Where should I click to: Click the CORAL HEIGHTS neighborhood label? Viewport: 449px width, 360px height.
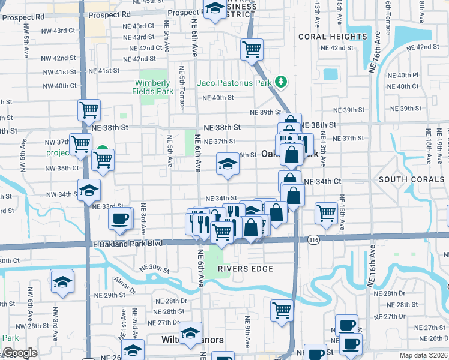[333, 37]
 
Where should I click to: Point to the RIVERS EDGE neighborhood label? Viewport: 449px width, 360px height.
[246, 269]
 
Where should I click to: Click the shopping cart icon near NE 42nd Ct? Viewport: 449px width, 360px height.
[252, 49]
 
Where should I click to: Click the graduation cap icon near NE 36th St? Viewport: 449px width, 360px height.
[227, 163]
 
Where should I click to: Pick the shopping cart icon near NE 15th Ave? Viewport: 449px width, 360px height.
[325, 212]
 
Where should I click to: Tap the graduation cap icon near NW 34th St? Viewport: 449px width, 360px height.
[89, 190]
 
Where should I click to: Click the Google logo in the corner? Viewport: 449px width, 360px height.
[20, 353]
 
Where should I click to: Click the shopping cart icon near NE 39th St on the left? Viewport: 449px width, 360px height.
[88, 110]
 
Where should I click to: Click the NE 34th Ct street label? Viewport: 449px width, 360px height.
[322, 181]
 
